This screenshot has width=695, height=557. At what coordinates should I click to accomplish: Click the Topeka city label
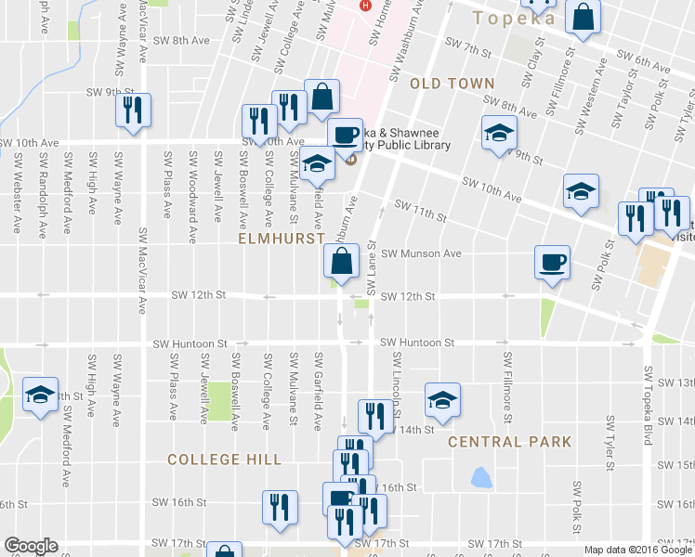click(x=514, y=18)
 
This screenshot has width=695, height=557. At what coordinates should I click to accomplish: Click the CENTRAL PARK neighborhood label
click(x=509, y=442)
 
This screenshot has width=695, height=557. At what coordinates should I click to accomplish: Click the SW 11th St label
click(x=421, y=211)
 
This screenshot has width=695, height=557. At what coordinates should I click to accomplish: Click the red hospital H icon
click(x=365, y=6)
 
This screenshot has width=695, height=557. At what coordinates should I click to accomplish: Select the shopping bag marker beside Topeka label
click(x=583, y=18)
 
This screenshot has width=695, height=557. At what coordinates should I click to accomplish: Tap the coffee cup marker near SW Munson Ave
click(x=552, y=261)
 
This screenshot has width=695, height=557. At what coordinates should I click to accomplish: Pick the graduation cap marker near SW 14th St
click(x=442, y=399)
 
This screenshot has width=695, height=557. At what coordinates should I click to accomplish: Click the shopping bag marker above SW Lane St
click(x=340, y=261)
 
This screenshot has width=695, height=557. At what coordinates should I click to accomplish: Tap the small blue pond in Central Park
click(x=480, y=478)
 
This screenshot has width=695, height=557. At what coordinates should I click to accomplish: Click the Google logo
click(x=30, y=545)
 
